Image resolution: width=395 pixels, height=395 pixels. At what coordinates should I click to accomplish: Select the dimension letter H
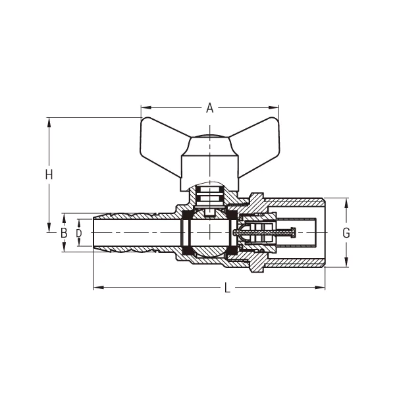click(x=48, y=174)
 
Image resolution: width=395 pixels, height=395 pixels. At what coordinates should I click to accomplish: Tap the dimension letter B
click(x=64, y=232)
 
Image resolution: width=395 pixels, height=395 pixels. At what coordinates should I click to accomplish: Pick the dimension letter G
click(x=346, y=232)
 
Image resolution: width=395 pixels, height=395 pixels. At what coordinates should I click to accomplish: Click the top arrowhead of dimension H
click(x=48, y=121)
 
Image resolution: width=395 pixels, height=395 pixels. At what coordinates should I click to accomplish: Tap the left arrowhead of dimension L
click(x=96, y=287)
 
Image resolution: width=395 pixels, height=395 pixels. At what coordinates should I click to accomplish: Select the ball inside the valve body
click(x=209, y=233)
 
